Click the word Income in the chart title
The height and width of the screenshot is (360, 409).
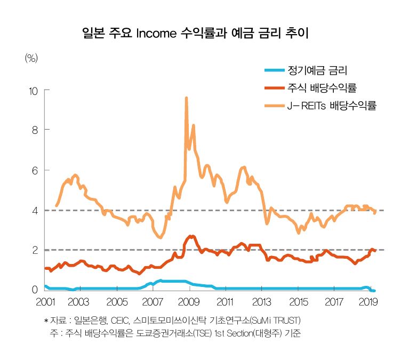point(156,34)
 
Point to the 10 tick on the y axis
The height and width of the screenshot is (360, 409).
point(33,91)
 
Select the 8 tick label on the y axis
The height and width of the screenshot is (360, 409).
point(35,130)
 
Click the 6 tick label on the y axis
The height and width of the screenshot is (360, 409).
point(35,170)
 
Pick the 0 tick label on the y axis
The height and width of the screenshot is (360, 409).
point(35,290)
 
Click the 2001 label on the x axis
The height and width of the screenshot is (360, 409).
point(45,303)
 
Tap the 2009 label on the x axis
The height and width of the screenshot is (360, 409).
point(188,303)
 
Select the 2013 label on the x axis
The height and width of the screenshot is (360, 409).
point(261,303)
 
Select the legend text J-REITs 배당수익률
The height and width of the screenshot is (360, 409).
point(332,106)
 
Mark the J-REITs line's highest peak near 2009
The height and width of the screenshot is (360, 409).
point(186,98)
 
